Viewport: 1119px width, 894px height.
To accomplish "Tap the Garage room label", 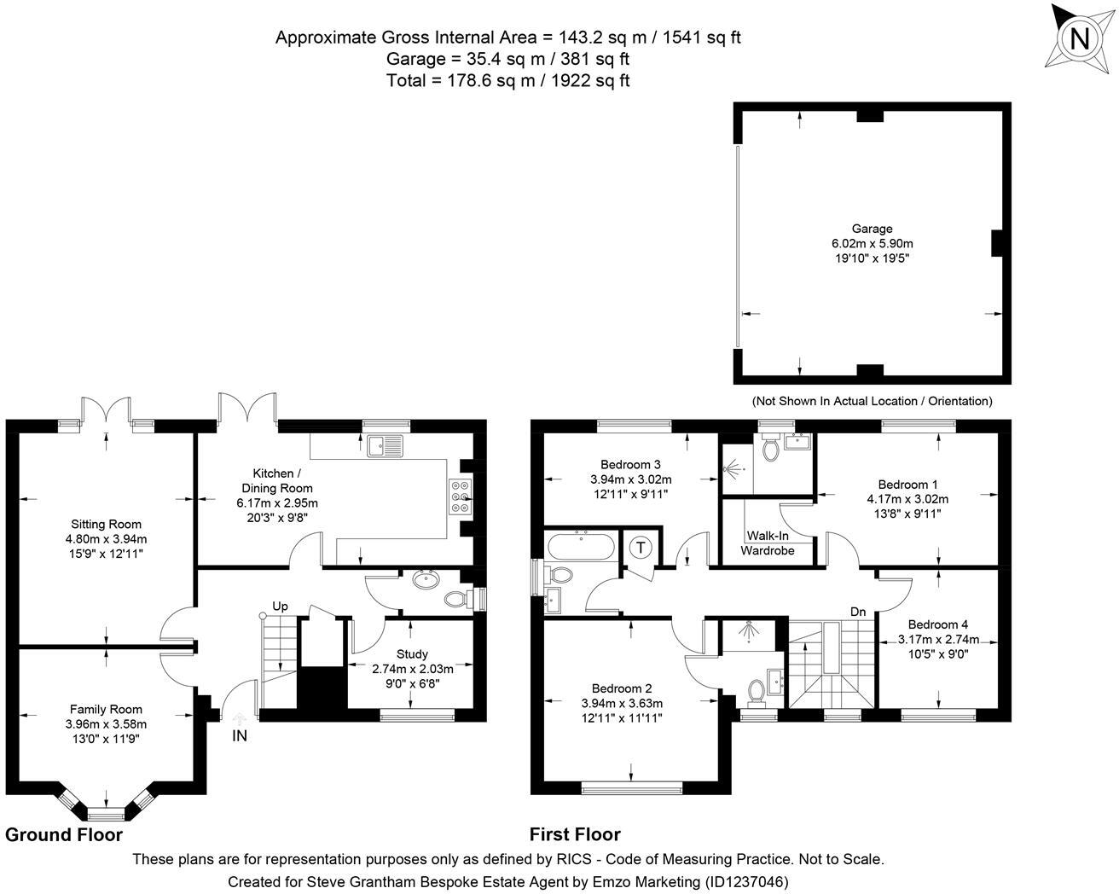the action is [872, 229].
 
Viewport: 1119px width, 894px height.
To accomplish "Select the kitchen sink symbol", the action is [385, 446].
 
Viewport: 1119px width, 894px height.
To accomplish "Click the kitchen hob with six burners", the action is [461, 496].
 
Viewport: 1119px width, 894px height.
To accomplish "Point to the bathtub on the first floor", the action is [581, 546].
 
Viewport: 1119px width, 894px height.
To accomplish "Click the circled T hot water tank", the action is [641, 547].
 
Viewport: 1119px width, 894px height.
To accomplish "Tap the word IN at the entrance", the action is [240, 736].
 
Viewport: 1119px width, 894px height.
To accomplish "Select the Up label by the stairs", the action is [281, 606].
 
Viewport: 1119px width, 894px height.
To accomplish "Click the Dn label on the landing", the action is [858, 612].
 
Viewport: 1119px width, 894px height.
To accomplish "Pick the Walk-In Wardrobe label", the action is [768, 543].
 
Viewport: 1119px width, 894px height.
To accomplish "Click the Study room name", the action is [412, 653].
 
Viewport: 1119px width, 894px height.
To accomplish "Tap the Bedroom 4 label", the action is [938, 624].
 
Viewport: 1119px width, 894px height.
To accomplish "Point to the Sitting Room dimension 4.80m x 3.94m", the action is [106, 539].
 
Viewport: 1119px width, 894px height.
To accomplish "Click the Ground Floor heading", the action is [64, 834].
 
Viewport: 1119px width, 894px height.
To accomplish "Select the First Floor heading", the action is [575, 834].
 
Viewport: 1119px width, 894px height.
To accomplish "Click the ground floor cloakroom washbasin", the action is [426, 579].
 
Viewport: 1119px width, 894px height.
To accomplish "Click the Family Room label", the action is [106, 710].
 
